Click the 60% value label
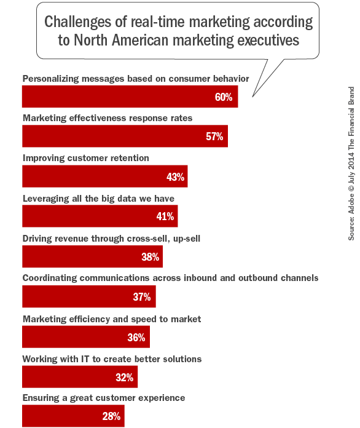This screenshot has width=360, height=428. coord(224,97)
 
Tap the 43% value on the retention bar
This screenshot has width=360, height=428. coord(176,176)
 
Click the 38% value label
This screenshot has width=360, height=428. coord(151,257)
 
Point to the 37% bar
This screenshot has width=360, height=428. coord(88,296)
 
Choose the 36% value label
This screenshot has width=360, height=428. coord(136,337)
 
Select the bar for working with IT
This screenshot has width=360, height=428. coord(79,377)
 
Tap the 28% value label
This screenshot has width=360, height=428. coord(111,416)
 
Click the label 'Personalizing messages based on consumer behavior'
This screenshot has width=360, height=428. coord(136,79)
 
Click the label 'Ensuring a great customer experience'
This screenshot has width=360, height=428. coord(103,398)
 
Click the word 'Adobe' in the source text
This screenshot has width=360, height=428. coord(351,210)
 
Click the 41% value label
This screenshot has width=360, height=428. coord(165,216)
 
